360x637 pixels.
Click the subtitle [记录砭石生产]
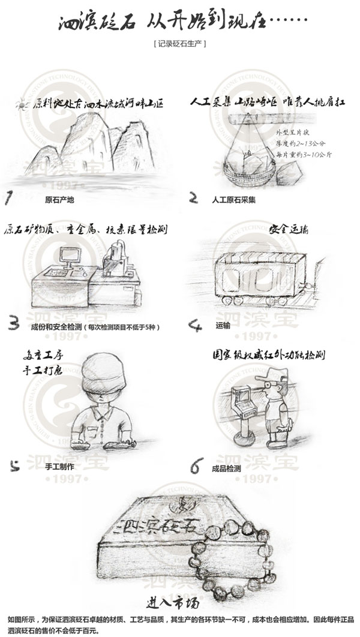click(180, 43)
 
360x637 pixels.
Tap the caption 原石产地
click(59, 199)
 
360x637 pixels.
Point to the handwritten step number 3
click(14, 324)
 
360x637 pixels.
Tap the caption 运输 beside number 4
click(222, 327)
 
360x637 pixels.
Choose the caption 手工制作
click(59, 465)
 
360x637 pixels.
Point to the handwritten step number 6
click(196, 466)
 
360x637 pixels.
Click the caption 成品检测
click(226, 468)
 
